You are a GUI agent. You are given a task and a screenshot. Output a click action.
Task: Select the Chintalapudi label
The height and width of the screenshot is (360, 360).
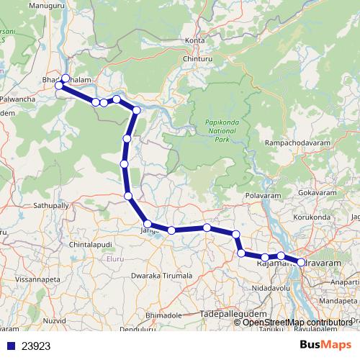tap(91, 246)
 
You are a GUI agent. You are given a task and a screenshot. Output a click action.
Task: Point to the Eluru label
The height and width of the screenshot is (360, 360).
tap(115, 258)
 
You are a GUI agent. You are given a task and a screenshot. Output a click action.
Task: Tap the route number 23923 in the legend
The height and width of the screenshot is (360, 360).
tap(35, 346)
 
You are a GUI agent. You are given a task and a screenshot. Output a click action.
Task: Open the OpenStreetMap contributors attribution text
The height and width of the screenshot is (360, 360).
tap(297, 322)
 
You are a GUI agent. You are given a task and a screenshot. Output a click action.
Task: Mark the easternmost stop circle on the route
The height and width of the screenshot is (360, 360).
tap(301, 263)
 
